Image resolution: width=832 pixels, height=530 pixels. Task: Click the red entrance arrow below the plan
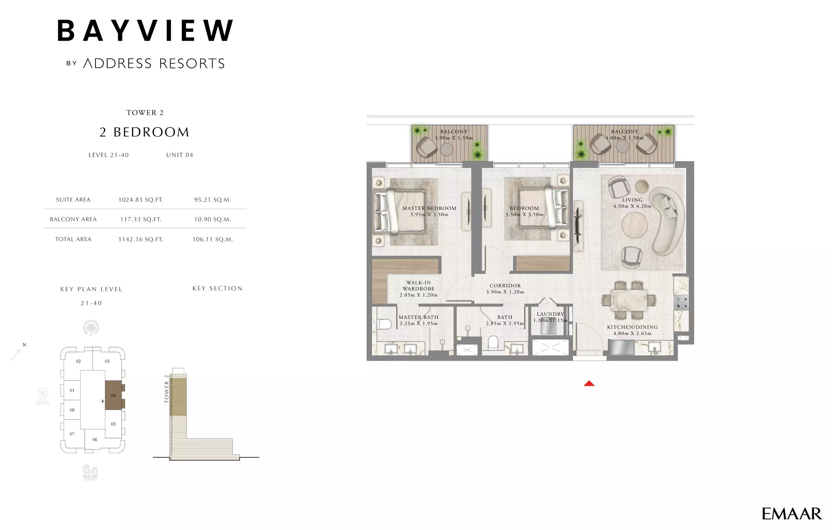(589, 383)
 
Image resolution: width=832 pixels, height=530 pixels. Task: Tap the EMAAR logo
(791, 514)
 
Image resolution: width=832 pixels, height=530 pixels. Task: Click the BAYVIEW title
(145, 31)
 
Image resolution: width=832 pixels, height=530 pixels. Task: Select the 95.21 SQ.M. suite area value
(212, 200)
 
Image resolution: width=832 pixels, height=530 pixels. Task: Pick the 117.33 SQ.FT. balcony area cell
(141, 219)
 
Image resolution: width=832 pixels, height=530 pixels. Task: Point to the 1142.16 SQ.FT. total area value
(141, 239)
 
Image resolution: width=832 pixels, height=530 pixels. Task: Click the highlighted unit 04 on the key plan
(113, 395)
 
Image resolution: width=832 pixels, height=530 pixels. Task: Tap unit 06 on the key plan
(95, 440)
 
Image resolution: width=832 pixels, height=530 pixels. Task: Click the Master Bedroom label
(429, 208)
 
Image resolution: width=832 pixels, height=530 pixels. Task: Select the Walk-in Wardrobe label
(418, 288)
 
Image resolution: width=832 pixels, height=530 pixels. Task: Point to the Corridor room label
(505, 286)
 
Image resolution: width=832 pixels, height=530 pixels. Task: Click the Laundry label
(550, 314)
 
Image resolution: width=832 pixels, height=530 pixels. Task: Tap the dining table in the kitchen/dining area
(629, 301)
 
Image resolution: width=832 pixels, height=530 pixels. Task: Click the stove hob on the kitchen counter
(681, 302)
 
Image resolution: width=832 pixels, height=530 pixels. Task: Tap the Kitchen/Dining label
(632, 327)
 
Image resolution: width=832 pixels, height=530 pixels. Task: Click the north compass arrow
(16, 355)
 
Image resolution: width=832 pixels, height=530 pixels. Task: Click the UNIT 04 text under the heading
(180, 155)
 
